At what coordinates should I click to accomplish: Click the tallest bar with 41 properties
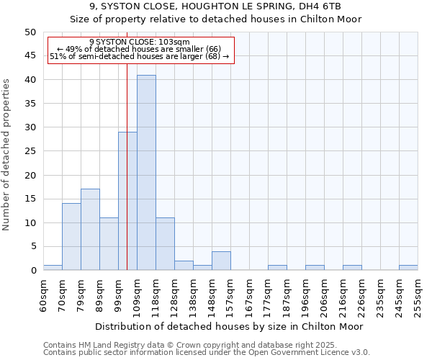[146, 173]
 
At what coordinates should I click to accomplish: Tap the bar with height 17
[90, 230]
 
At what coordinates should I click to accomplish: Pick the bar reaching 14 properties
[71, 237]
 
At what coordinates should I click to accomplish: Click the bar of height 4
[221, 261]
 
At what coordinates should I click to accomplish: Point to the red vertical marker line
[127, 144]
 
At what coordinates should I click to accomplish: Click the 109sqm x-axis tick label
[137, 296]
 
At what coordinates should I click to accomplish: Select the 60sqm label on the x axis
[43, 294]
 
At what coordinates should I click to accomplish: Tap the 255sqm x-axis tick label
[418, 296]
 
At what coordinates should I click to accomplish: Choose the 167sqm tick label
[249, 296]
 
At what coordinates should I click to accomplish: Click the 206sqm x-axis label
[324, 296]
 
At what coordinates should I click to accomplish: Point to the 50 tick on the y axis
[30, 32]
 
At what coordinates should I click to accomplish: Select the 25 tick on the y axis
[30, 151]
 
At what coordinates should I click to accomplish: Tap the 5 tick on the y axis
[32, 247]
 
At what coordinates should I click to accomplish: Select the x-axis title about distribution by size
[230, 326]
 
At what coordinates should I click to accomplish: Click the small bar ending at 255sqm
[408, 268]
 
